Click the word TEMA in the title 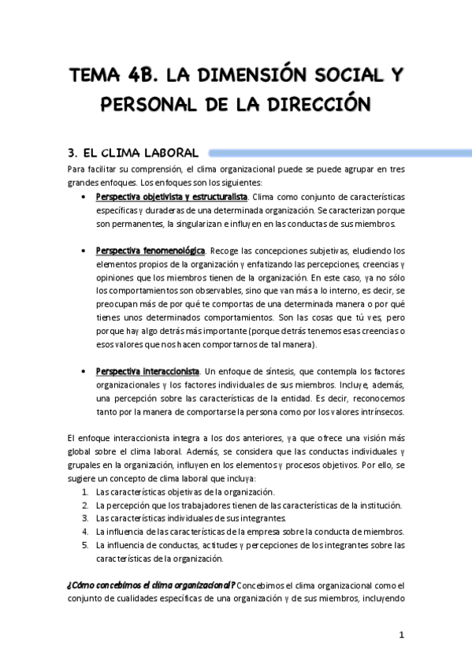coord(97,77)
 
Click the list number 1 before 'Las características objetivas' coord(85,491)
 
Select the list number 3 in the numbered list coord(85,518)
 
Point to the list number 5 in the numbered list coord(85,544)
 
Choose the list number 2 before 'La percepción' coord(85,504)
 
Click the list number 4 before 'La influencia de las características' coord(85,531)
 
